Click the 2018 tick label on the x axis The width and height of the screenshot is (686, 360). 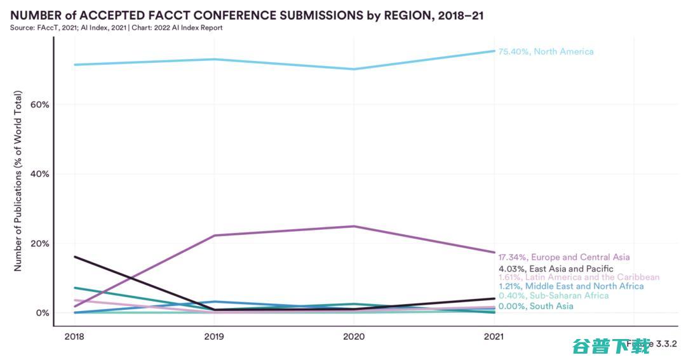click(x=74, y=337)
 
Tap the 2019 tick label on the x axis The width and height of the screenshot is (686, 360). click(x=215, y=337)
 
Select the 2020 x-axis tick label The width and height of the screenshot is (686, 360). click(x=355, y=337)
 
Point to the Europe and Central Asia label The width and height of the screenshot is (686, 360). click(x=564, y=257)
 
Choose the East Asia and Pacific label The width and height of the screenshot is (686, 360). click(x=556, y=269)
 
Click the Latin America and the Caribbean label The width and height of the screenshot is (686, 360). click(x=579, y=277)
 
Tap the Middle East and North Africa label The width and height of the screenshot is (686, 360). click(x=570, y=286)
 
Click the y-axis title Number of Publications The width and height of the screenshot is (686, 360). click(x=18, y=182)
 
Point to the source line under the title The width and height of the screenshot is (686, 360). click(x=116, y=28)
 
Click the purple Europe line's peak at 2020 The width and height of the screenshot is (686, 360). click(x=355, y=226)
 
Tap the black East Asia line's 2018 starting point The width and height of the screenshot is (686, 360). click(x=75, y=257)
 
